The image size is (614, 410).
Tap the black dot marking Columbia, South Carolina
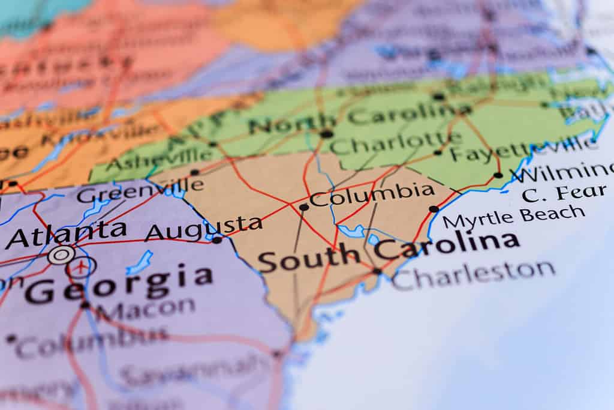(303, 207)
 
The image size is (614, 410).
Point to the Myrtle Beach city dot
(434, 209)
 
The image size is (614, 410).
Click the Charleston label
(473, 274)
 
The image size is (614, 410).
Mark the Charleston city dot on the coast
(377, 271)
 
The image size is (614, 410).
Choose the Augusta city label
(204, 228)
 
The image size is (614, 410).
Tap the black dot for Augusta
(217, 240)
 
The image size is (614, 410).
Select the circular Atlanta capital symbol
(61, 255)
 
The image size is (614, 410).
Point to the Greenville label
(140, 191)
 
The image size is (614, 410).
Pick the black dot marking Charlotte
(327, 134)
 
